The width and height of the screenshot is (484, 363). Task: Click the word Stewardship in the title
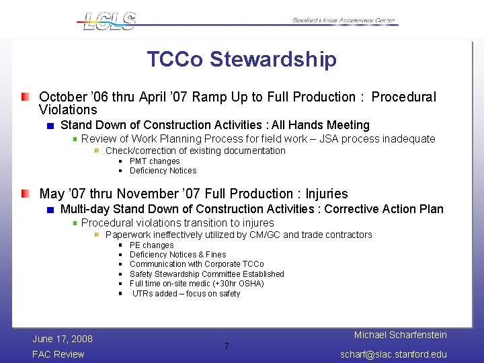coord(273,59)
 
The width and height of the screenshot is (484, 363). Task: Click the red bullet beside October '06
coord(25,97)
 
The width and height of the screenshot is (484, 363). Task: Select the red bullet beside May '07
coord(25,194)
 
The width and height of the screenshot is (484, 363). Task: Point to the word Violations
coord(68,110)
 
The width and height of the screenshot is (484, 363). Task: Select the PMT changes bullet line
coord(155,161)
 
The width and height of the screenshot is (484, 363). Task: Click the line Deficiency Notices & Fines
coord(177,255)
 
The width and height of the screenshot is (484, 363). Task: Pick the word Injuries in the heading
coord(327,194)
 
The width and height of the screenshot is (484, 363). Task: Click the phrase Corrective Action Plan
coord(384,209)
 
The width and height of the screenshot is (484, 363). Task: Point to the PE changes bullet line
coord(151,245)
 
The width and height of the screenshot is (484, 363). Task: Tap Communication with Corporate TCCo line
coord(196,264)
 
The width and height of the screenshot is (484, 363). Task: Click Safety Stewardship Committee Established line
coord(206,274)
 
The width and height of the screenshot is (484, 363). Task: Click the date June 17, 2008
coord(63,339)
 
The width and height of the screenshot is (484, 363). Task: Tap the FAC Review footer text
coord(58,354)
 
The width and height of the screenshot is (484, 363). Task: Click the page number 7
coord(227,347)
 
